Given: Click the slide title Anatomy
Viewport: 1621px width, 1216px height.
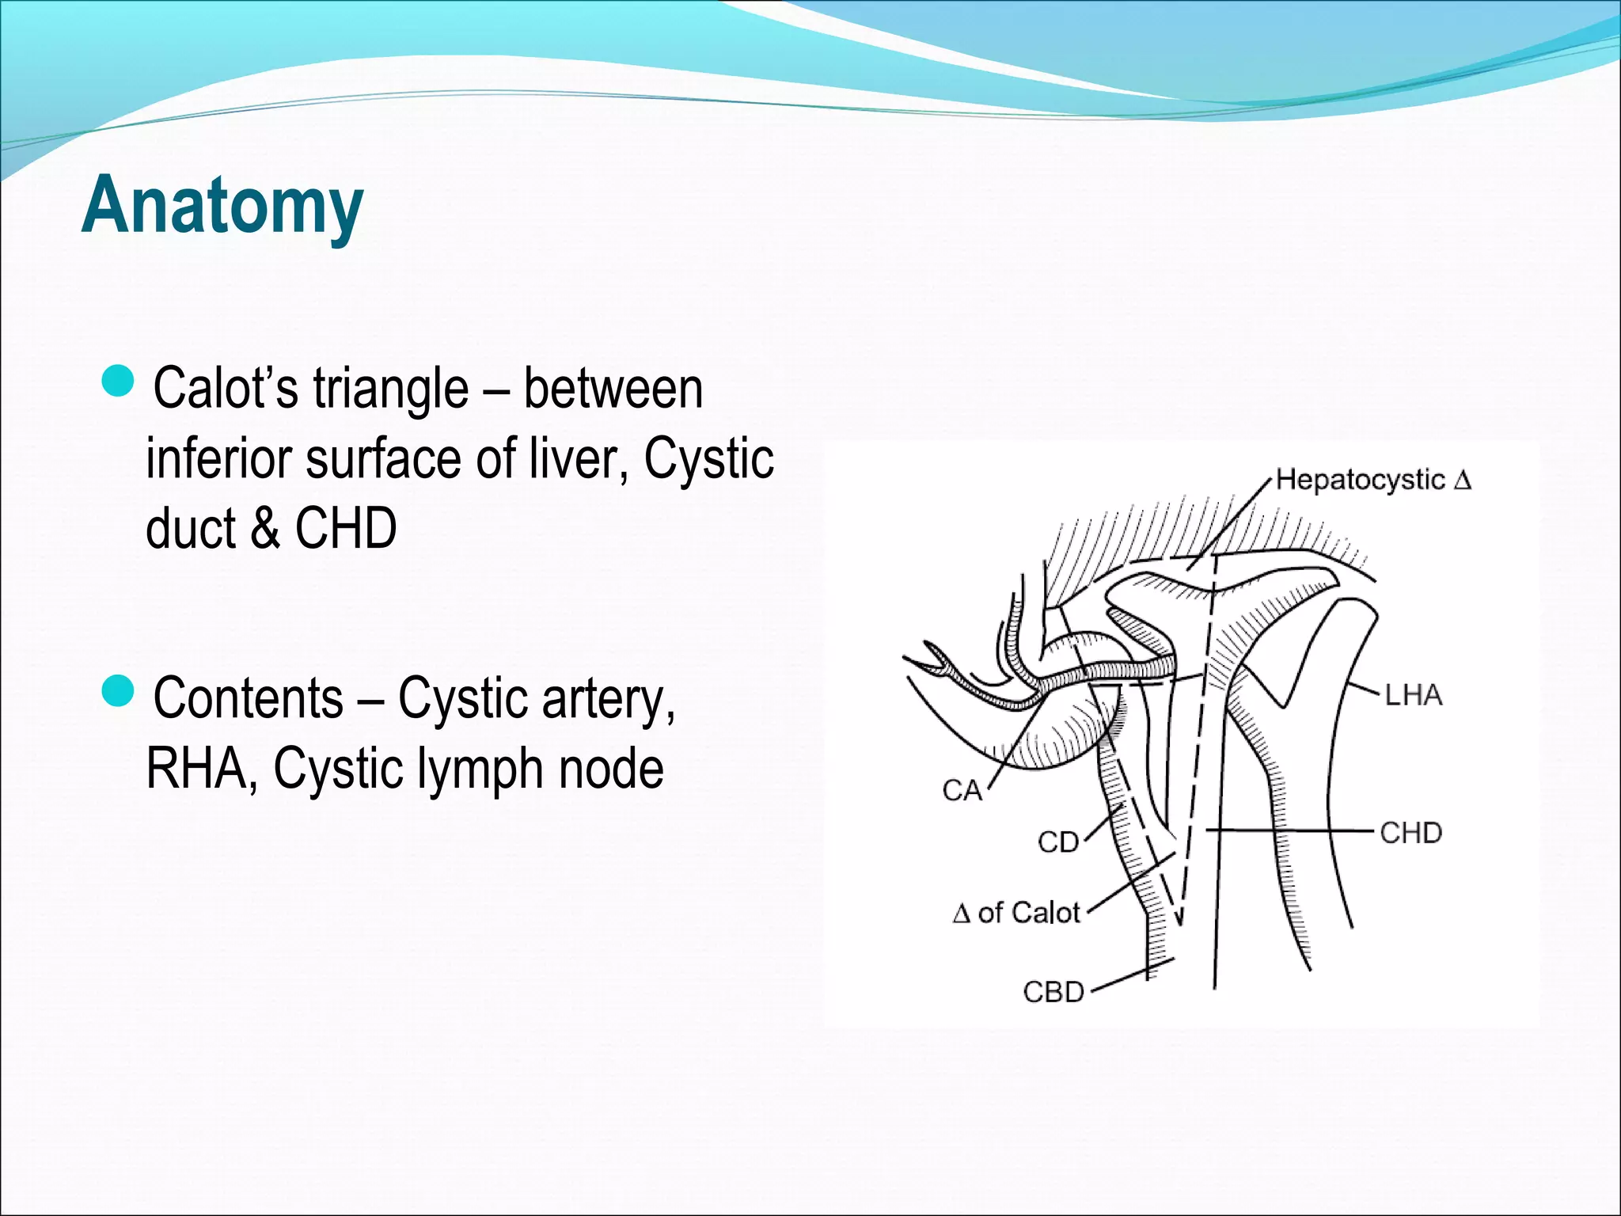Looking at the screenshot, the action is click(222, 205).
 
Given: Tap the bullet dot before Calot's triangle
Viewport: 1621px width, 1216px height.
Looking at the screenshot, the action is click(120, 381).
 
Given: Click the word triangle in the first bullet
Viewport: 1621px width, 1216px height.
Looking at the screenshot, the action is click(390, 389).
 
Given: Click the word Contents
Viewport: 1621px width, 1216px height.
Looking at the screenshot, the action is click(249, 698).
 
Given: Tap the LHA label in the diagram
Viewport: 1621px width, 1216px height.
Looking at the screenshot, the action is click(1413, 695).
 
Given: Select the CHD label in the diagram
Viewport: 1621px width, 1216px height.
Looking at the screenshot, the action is click(1410, 833).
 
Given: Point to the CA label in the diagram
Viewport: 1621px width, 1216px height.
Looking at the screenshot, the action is click(962, 790).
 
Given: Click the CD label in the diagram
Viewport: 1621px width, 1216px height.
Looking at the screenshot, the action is click(1058, 842).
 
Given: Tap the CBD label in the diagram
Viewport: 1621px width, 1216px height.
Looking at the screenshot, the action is click(1053, 991).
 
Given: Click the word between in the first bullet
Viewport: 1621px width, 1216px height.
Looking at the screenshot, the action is click(613, 389).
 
